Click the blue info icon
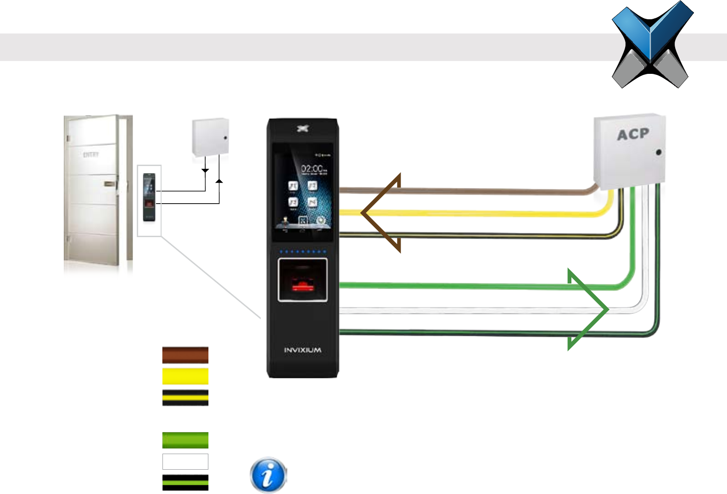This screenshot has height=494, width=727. [x=268, y=475]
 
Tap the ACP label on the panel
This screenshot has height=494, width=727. [x=633, y=134]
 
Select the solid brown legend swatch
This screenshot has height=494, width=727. [x=185, y=355]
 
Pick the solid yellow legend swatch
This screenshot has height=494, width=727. [x=185, y=376]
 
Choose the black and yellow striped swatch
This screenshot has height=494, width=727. [x=185, y=398]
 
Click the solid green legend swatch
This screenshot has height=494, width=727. [x=185, y=440]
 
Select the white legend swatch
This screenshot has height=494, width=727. [x=185, y=461]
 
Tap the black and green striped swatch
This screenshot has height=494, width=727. [x=185, y=483]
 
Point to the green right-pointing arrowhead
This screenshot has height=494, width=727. [x=588, y=310]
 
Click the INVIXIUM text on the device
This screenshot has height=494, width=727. [x=302, y=350]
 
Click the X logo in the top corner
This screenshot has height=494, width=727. [x=652, y=44]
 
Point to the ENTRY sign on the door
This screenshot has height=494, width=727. [x=91, y=155]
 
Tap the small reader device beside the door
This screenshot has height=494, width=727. [x=149, y=197]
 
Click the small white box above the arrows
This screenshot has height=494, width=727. [x=210, y=137]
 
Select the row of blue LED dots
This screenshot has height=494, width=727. [x=302, y=252]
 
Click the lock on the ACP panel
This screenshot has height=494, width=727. [x=659, y=152]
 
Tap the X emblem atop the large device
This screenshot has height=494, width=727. [x=302, y=129]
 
